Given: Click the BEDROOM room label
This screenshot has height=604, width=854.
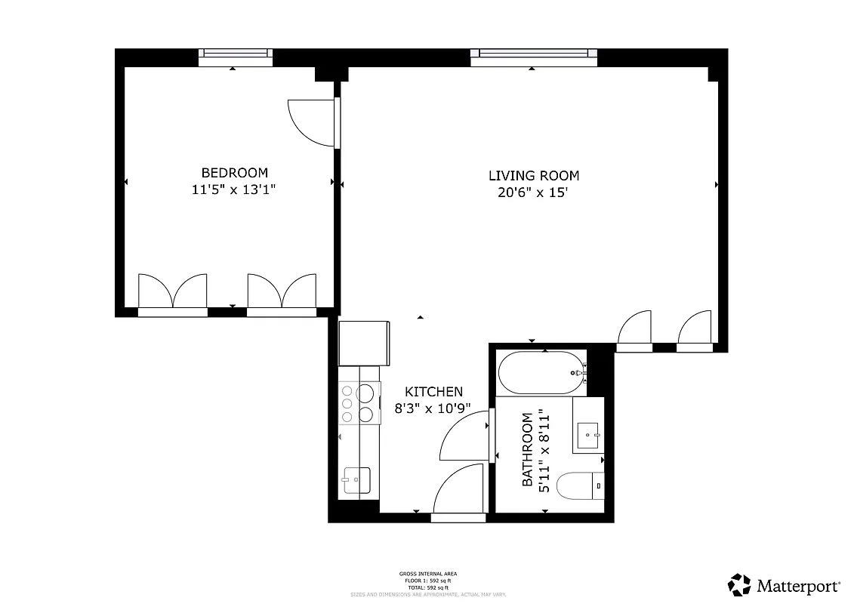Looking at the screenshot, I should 234,173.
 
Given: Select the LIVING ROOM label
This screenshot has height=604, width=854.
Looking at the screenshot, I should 534,176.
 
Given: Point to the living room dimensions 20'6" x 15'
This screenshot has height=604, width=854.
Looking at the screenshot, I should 532,193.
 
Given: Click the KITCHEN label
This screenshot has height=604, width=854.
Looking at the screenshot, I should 433,392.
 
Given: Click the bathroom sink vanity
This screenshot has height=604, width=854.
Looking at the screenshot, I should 588,433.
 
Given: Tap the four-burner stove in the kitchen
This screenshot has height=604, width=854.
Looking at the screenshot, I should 357,403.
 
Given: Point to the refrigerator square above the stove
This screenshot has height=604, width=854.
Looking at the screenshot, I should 363,343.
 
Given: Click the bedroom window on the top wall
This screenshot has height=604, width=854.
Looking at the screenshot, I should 234,54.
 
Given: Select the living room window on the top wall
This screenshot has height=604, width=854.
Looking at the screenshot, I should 533,54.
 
